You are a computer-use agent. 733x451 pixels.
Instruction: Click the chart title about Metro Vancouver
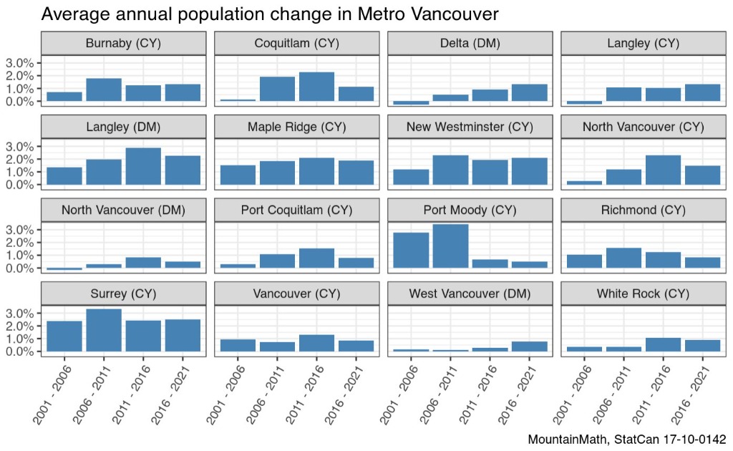pyautogui.click(x=270, y=14)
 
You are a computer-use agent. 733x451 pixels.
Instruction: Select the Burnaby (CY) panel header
pyautogui.click(x=123, y=44)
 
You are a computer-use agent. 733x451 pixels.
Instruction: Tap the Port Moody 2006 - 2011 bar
pyautogui.click(x=451, y=246)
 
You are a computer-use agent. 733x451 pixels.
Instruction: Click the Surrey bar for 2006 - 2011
pyautogui.click(x=104, y=330)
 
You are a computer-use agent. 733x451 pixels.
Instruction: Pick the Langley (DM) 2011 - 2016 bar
pyautogui.click(x=143, y=166)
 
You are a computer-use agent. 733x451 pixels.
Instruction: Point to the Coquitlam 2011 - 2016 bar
pyautogui.click(x=316, y=87)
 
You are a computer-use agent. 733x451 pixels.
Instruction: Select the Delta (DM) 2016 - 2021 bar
pyautogui.click(x=530, y=93)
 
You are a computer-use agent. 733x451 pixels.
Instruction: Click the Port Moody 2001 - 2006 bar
pyautogui.click(x=412, y=250)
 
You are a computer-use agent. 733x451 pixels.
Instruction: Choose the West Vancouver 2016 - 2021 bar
pyautogui.click(x=530, y=346)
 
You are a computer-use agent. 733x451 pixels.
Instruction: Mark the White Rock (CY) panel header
pyautogui.click(x=644, y=294)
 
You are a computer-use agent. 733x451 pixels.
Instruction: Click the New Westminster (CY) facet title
pyautogui.click(x=470, y=127)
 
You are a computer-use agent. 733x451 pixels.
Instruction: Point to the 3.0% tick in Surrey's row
pyautogui.click(x=19, y=313)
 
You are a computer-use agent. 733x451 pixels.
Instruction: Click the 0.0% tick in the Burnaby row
pyautogui.click(x=19, y=102)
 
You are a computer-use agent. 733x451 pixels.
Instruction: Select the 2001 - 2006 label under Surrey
pyautogui.click(x=52, y=395)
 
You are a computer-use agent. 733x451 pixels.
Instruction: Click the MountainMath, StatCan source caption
pyautogui.click(x=627, y=440)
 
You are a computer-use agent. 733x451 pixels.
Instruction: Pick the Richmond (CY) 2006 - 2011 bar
pyautogui.click(x=623, y=258)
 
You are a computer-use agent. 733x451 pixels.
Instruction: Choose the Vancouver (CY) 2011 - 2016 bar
pyautogui.click(x=316, y=343)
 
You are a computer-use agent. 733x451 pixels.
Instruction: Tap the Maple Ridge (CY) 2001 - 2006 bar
pyautogui.click(x=238, y=175)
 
